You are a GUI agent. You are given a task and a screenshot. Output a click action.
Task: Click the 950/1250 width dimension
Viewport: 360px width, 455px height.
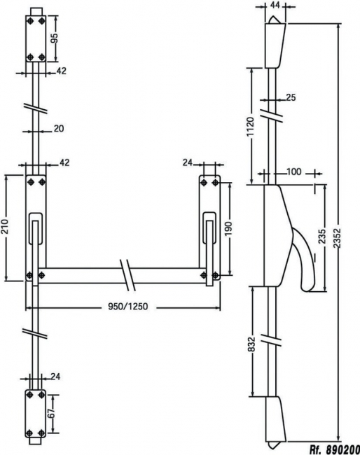(x=127, y=307)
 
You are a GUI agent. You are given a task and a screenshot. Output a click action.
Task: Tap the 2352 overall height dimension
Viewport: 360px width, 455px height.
(x=337, y=238)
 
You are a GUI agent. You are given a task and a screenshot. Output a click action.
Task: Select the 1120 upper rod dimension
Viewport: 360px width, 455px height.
(x=250, y=127)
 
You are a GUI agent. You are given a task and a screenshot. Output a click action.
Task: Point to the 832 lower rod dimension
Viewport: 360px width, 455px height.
(x=251, y=344)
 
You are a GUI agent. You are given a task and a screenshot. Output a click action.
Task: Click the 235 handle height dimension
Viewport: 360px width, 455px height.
(x=322, y=237)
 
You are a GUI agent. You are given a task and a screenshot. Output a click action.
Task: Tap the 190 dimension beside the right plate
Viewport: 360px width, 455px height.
(x=228, y=229)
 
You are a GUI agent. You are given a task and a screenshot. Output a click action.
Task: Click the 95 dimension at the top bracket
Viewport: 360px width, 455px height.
(x=55, y=38)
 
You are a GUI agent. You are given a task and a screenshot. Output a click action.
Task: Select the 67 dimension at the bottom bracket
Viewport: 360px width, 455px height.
(x=51, y=413)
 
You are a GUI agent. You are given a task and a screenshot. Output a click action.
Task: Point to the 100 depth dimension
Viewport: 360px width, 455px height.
(x=293, y=171)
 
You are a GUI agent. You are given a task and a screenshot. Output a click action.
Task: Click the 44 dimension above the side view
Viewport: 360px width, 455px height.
(x=275, y=5)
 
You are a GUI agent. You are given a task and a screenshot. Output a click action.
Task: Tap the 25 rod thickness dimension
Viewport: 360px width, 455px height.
(x=291, y=98)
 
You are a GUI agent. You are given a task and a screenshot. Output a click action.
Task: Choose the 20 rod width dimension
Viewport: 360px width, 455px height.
(x=59, y=129)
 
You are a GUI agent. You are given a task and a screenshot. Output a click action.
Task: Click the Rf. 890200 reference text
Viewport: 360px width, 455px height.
(x=335, y=449)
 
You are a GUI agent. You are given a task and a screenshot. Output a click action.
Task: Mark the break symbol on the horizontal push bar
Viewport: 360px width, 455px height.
(x=127, y=275)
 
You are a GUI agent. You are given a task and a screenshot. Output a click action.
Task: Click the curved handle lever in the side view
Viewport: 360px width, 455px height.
(x=303, y=258)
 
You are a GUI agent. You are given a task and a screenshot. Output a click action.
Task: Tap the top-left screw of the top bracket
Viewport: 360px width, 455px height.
(x=30, y=21)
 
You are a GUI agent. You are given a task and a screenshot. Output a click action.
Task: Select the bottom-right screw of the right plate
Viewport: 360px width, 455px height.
(x=215, y=275)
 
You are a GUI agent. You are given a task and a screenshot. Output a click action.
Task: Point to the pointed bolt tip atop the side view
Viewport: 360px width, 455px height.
(x=275, y=20)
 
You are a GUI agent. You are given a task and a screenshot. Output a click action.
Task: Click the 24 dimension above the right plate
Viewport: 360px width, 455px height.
(x=188, y=163)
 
